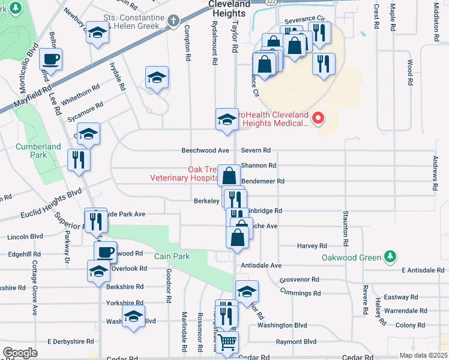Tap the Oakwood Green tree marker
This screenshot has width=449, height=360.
click(x=391, y=257)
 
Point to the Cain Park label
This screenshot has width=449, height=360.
click(x=172, y=256)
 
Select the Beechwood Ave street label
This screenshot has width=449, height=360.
click(x=206, y=151)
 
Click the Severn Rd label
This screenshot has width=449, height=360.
click(x=256, y=151)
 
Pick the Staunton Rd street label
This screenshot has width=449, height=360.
click(x=346, y=228)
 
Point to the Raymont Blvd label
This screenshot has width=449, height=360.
click(x=296, y=341)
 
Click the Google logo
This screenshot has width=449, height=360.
click(x=20, y=352)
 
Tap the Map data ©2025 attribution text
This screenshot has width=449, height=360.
click(x=423, y=355)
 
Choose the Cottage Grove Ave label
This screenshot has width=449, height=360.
click(x=35, y=299)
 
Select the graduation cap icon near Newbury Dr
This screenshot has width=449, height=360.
click(x=96, y=34)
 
